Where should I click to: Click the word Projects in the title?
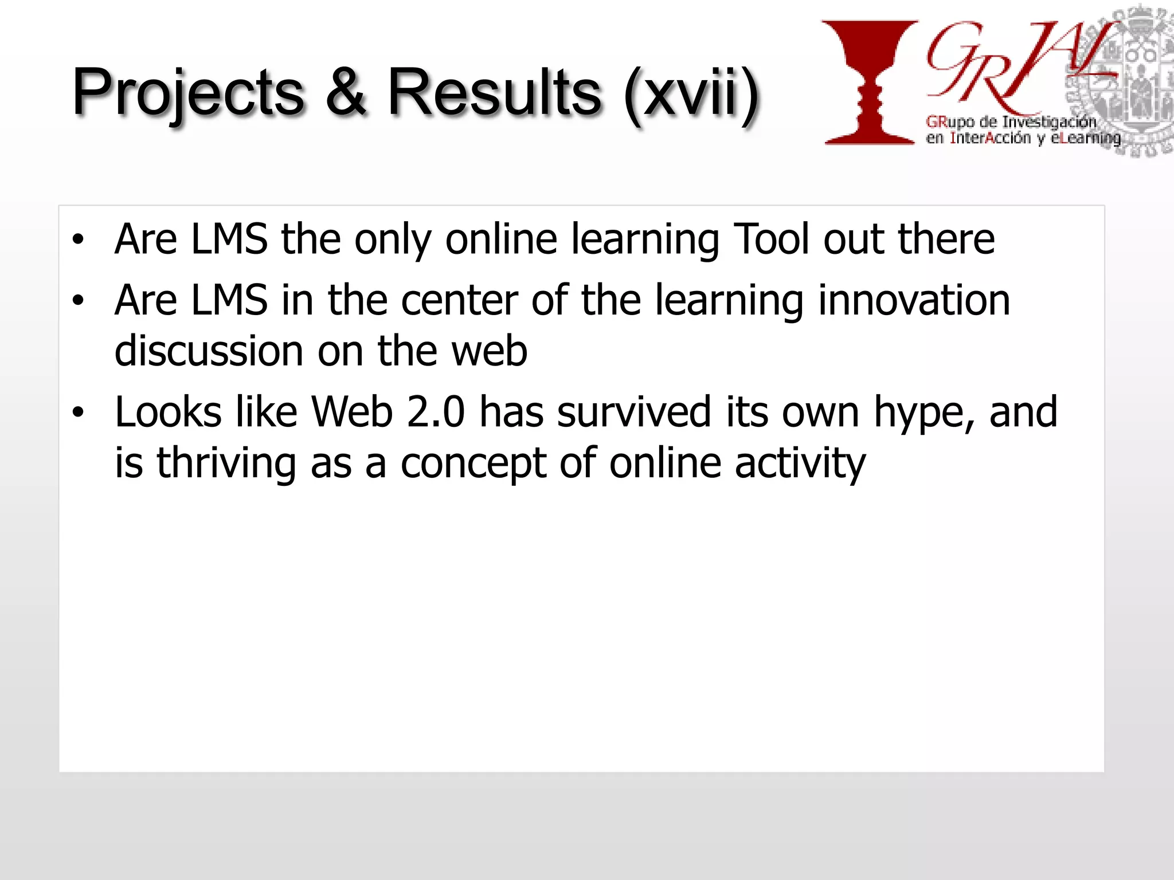188,93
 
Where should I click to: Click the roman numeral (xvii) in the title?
691,95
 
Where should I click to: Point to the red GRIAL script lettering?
1009,66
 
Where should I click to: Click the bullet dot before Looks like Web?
78,412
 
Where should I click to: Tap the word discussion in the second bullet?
209,351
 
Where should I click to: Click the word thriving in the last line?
226,463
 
